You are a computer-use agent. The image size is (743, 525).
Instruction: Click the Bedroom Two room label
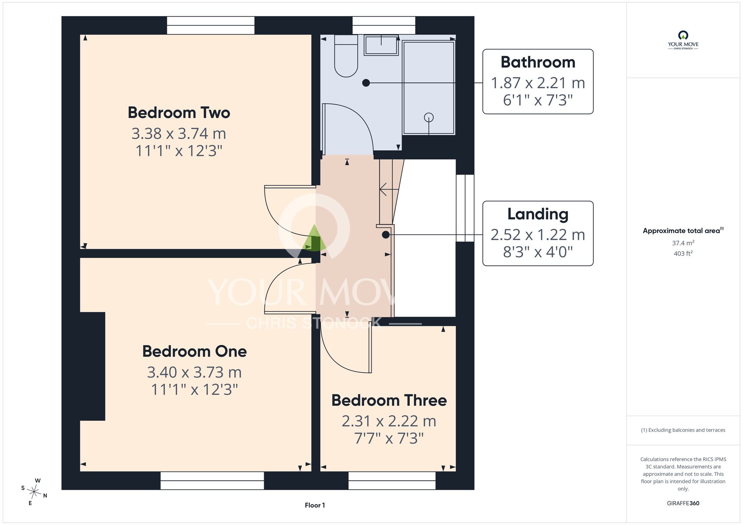[179, 112]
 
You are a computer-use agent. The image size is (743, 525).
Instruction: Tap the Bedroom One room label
[194, 351]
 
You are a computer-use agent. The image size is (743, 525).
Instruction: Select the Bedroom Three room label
[389, 400]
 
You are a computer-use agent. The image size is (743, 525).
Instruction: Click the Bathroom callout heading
[538, 62]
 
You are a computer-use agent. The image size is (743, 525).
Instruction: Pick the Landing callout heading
[538, 214]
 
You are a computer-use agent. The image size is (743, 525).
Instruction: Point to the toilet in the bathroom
[346, 56]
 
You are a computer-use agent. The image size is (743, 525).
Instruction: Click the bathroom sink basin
[381, 45]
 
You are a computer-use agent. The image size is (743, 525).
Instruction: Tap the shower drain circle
[429, 117]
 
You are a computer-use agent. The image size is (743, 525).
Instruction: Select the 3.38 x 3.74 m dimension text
[179, 134]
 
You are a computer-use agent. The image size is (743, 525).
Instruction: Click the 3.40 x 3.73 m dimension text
[194, 372]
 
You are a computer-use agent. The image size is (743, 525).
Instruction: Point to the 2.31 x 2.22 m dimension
[389, 421]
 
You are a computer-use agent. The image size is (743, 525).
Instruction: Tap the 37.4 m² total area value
[683, 243]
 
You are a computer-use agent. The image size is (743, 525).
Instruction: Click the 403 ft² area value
[683, 254]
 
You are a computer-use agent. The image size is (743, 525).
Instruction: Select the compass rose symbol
[34, 492]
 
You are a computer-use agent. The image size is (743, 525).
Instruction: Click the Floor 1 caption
[315, 505]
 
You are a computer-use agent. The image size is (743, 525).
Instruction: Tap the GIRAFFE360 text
[683, 503]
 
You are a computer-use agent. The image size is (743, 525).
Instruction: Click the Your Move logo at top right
[683, 40]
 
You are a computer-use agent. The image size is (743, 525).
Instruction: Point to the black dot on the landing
[386, 235]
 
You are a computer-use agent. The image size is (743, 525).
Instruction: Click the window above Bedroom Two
[211, 25]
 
